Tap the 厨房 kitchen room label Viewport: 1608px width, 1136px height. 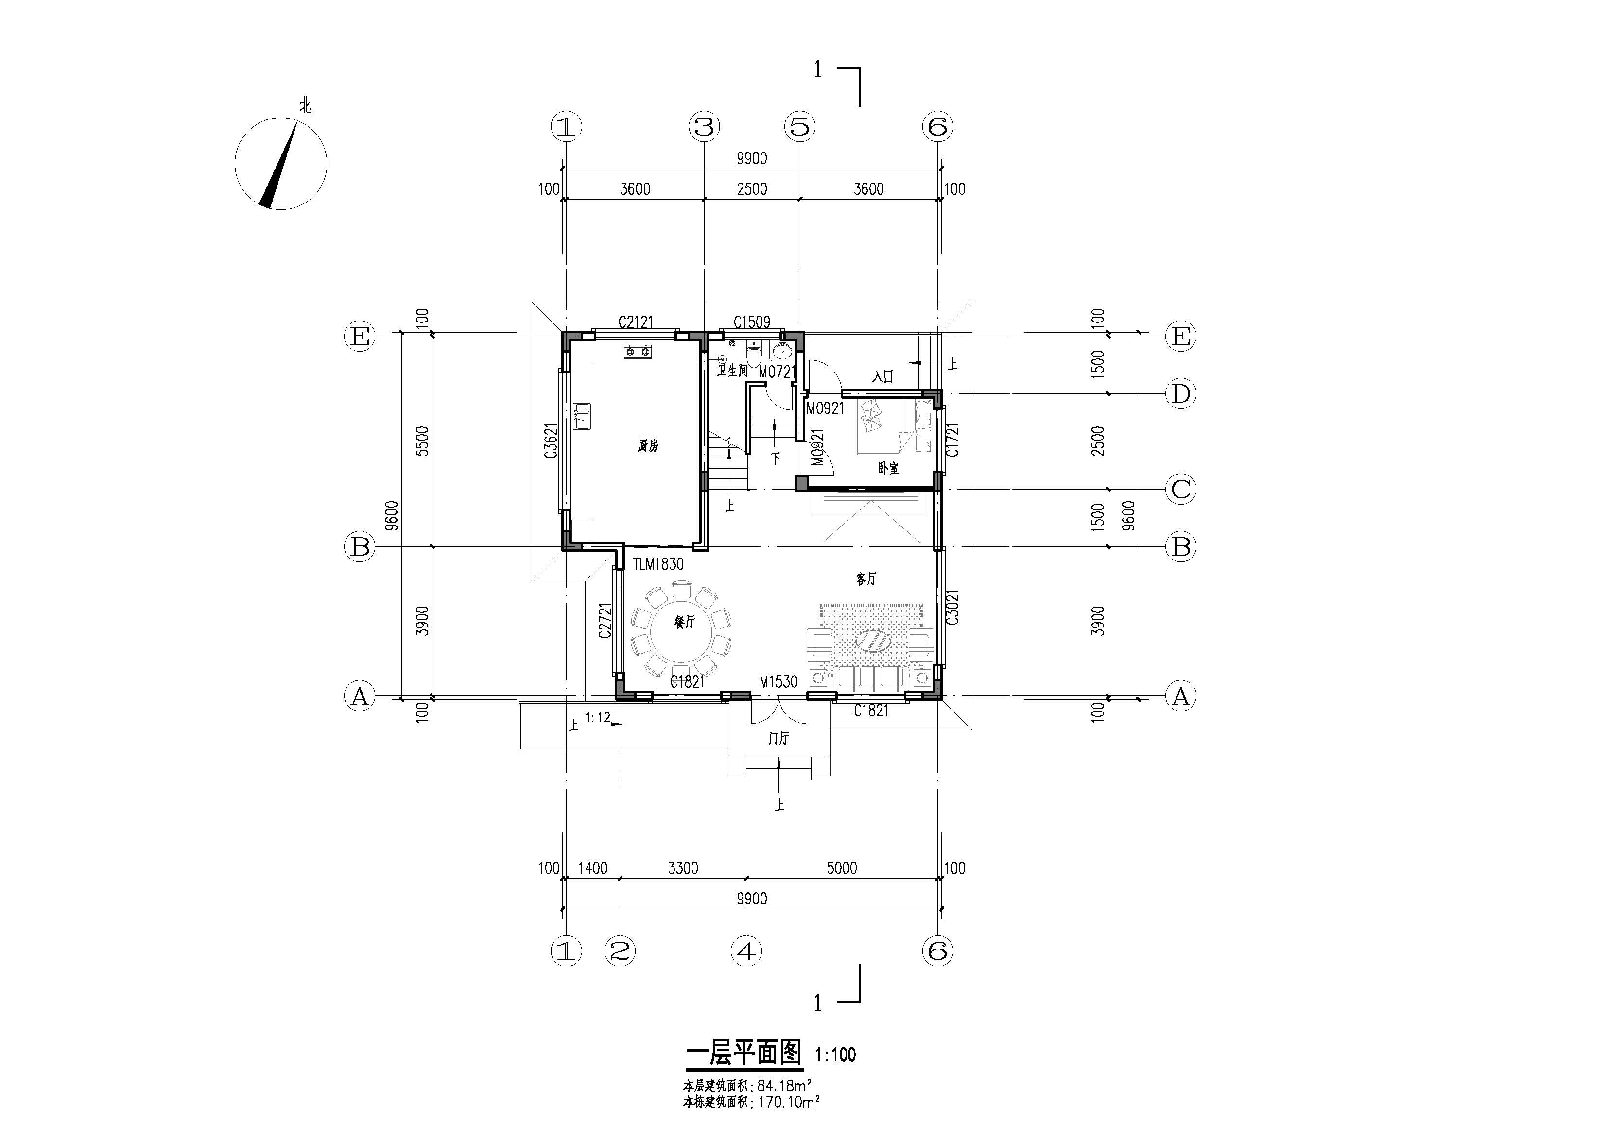click(x=648, y=445)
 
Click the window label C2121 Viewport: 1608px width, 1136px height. click(x=635, y=322)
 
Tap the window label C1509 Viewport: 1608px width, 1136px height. click(x=751, y=322)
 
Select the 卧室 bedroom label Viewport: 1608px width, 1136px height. click(x=887, y=468)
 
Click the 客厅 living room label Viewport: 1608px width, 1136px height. click(x=866, y=579)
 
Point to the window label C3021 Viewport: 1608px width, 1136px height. click(x=952, y=606)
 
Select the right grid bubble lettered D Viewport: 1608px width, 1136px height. click(x=1181, y=394)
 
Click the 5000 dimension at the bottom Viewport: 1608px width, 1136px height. click(x=841, y=868)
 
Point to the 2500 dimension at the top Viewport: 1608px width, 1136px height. click(x=751, y=189)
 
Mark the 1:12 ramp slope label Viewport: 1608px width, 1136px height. click(x=597, y=717)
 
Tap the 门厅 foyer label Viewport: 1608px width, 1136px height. click(x=778, y=738)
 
